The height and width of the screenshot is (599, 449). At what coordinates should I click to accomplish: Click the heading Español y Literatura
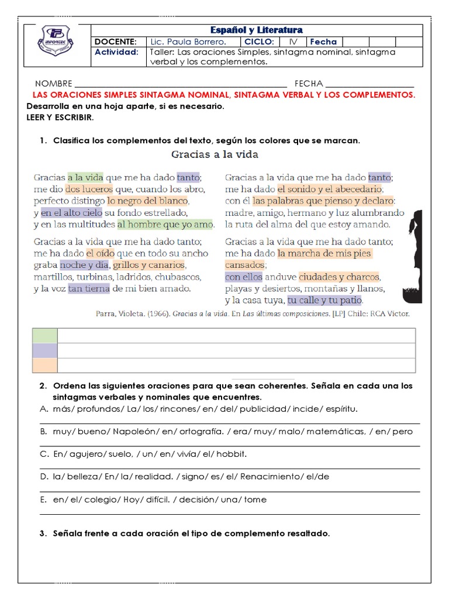pos(257,30)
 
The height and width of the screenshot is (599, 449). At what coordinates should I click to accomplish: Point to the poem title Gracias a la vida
pos(215,154)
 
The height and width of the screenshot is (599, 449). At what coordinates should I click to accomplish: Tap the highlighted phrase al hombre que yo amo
pos(165,224)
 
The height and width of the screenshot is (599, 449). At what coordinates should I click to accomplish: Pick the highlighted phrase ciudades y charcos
pos(339,277)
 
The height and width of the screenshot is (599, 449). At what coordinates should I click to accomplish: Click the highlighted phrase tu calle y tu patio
pos(325,300)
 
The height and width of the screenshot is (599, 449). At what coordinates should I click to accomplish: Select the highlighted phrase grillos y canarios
pos(149,265)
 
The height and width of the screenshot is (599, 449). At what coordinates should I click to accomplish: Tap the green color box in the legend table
pos(44,336)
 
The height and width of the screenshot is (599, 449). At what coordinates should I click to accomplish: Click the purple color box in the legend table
pos(44,350)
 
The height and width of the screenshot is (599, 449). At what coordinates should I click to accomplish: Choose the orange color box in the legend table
pos(44,365)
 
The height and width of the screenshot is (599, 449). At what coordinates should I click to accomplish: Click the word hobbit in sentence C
pos(232,454)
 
